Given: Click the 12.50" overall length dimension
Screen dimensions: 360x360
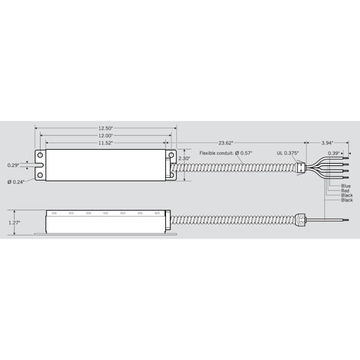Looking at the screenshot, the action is [105, 128].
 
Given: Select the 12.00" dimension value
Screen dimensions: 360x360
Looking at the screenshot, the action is [105, 136].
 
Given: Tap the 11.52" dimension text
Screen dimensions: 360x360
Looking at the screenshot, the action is [105, 143].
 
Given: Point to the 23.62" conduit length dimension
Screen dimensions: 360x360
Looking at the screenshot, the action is [226, 143].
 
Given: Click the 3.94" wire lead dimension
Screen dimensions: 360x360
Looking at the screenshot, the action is [327, 143].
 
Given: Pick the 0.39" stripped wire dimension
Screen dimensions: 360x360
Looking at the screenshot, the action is [333, 153].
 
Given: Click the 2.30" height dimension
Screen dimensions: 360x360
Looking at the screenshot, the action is [184, 158].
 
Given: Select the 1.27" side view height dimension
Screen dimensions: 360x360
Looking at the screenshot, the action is [14, 223].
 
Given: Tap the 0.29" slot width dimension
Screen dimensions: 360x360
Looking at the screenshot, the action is [13, 165].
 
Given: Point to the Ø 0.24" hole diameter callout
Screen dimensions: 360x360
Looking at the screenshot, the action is [16, 182].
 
